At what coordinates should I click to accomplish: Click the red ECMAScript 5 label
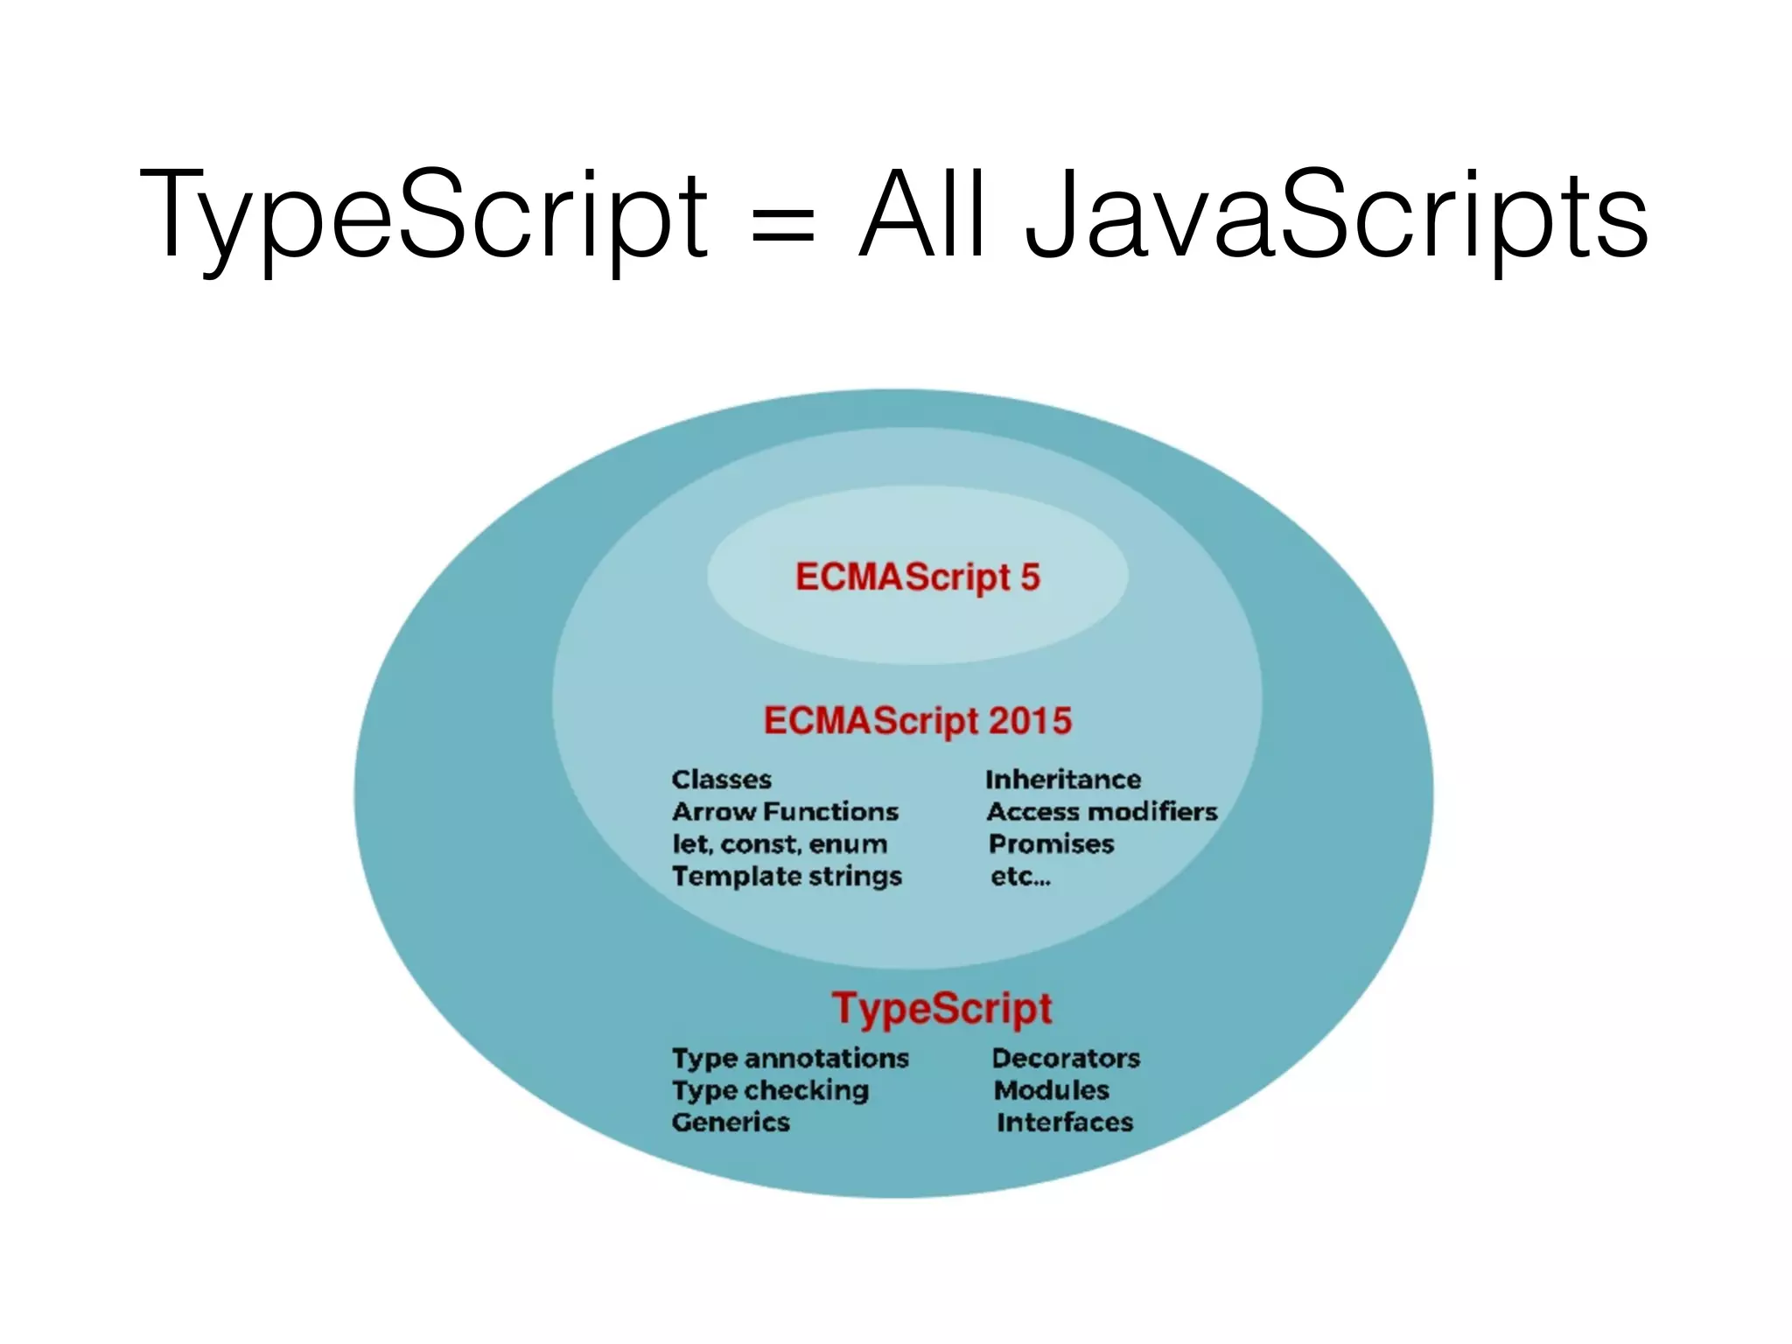(x=917, y=577)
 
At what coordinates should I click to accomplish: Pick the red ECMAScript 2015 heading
(x=917, y=721)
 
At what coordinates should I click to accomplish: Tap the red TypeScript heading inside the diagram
(x=941, y=1008)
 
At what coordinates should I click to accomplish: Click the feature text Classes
(x=722, y=780)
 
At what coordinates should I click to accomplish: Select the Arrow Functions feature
(x=785, y=812)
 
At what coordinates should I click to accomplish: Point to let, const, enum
(x=780, y=844)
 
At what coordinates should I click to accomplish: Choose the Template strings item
(x=787, y=877)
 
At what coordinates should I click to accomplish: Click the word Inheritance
(x=1063, y=780)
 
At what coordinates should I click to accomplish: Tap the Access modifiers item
(x=1102, y=812)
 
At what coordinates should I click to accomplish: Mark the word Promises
(x=1051, y=844)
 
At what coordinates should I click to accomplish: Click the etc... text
(x=1020, y=877)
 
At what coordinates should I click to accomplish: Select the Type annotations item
(x=790, y=1059)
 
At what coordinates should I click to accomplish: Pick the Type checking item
(x=770, y=1091)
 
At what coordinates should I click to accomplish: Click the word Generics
(x=731, y=1123)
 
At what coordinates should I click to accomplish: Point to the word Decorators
(x=1066, y=1059)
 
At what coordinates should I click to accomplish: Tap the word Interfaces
(x=1065, y=1123)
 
